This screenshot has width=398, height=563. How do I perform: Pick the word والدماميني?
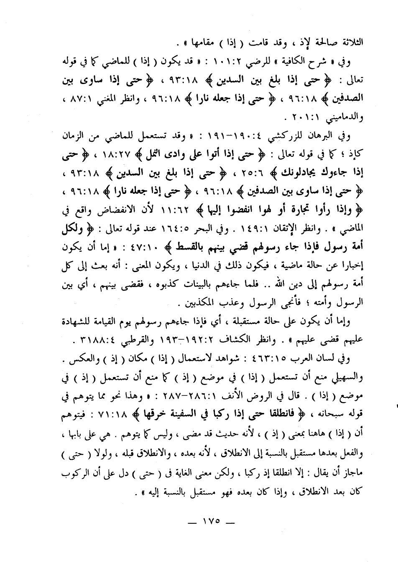(x=345, y=117)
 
